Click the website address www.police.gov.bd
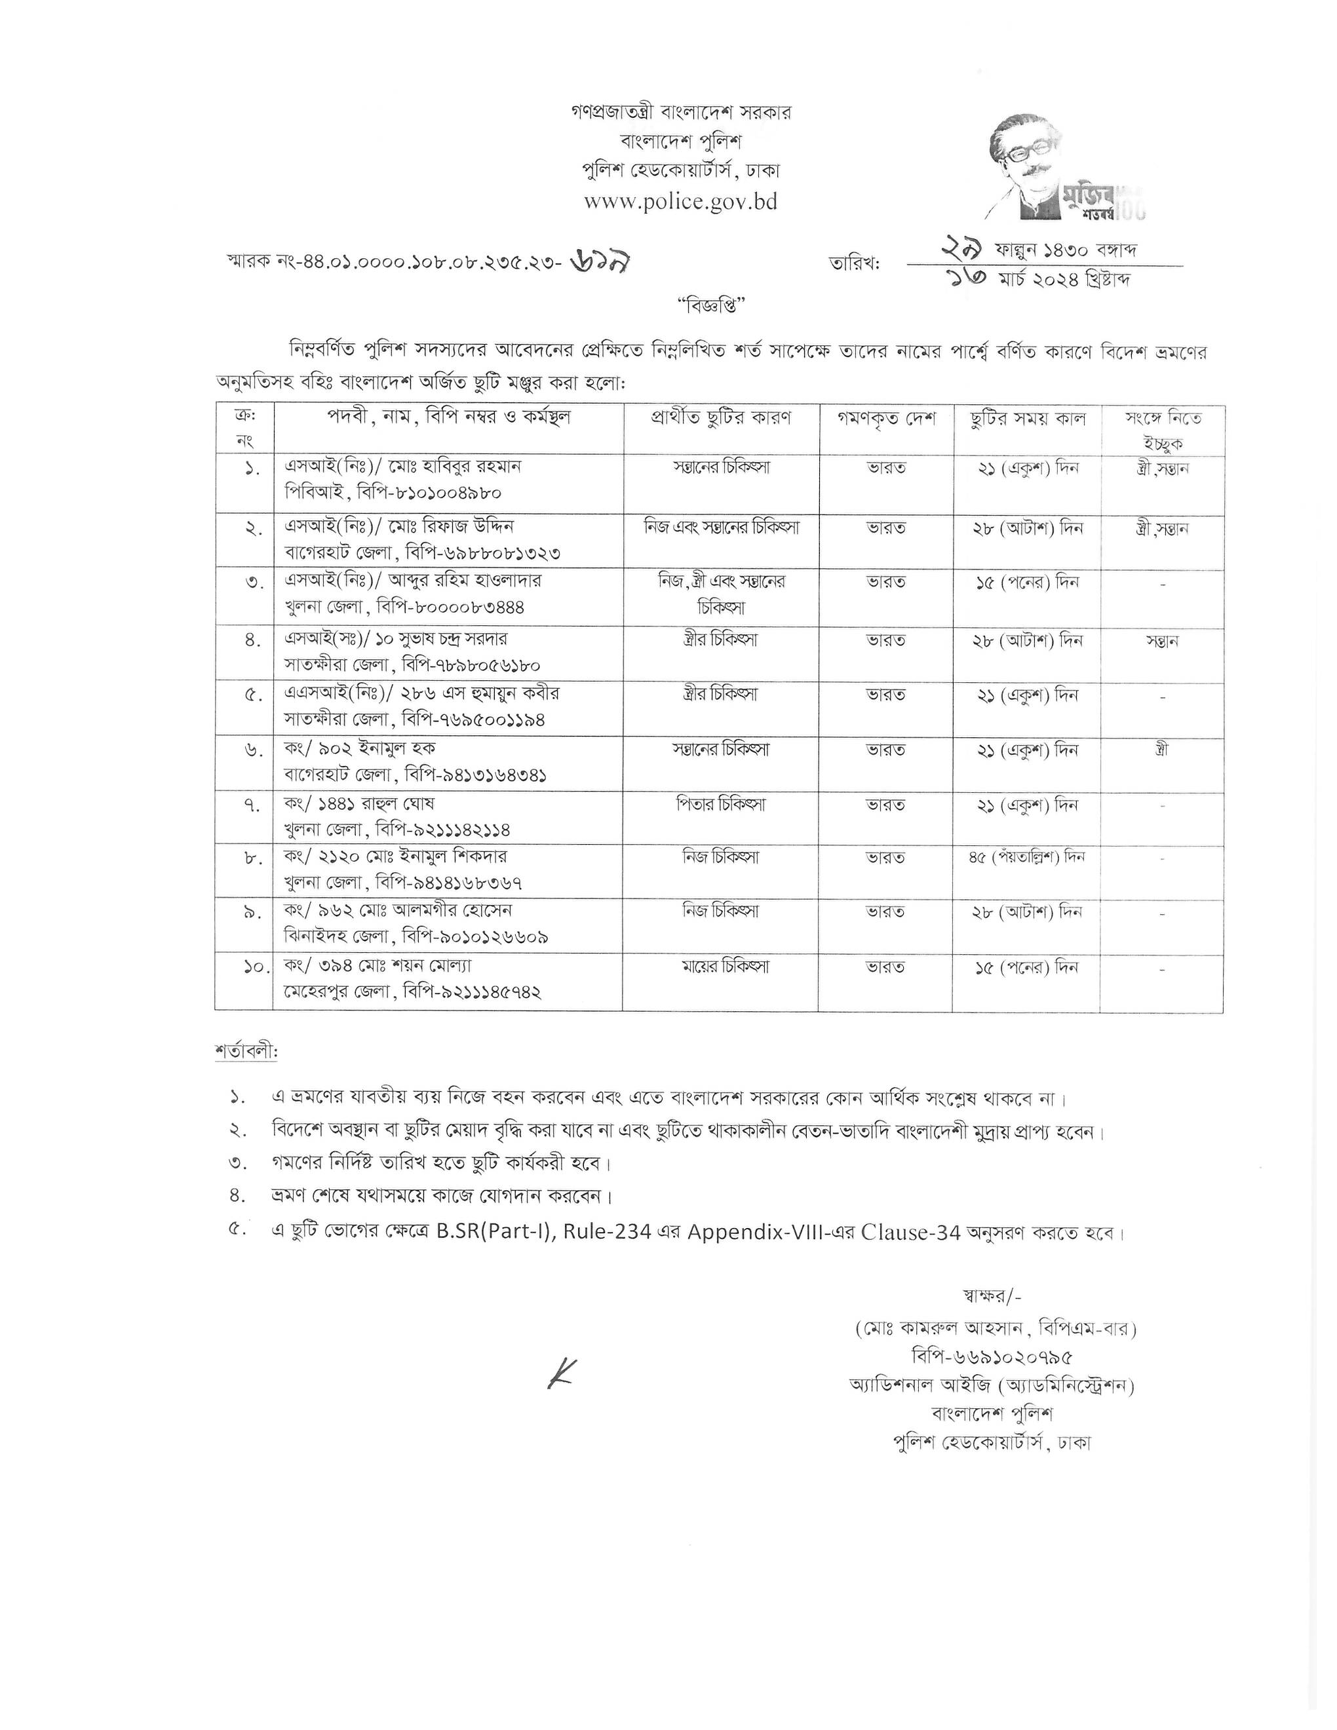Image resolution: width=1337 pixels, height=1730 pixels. click(680, 202)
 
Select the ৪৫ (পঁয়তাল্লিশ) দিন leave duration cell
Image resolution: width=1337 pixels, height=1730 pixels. click(1026, 857)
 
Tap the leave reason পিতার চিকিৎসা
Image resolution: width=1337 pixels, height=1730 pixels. click(721, 805)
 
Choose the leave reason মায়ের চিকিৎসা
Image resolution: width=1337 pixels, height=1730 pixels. click(721, 967)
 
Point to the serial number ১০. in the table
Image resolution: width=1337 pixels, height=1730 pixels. click(252, 967)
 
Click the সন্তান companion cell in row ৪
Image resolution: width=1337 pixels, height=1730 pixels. click(1162, 640)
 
